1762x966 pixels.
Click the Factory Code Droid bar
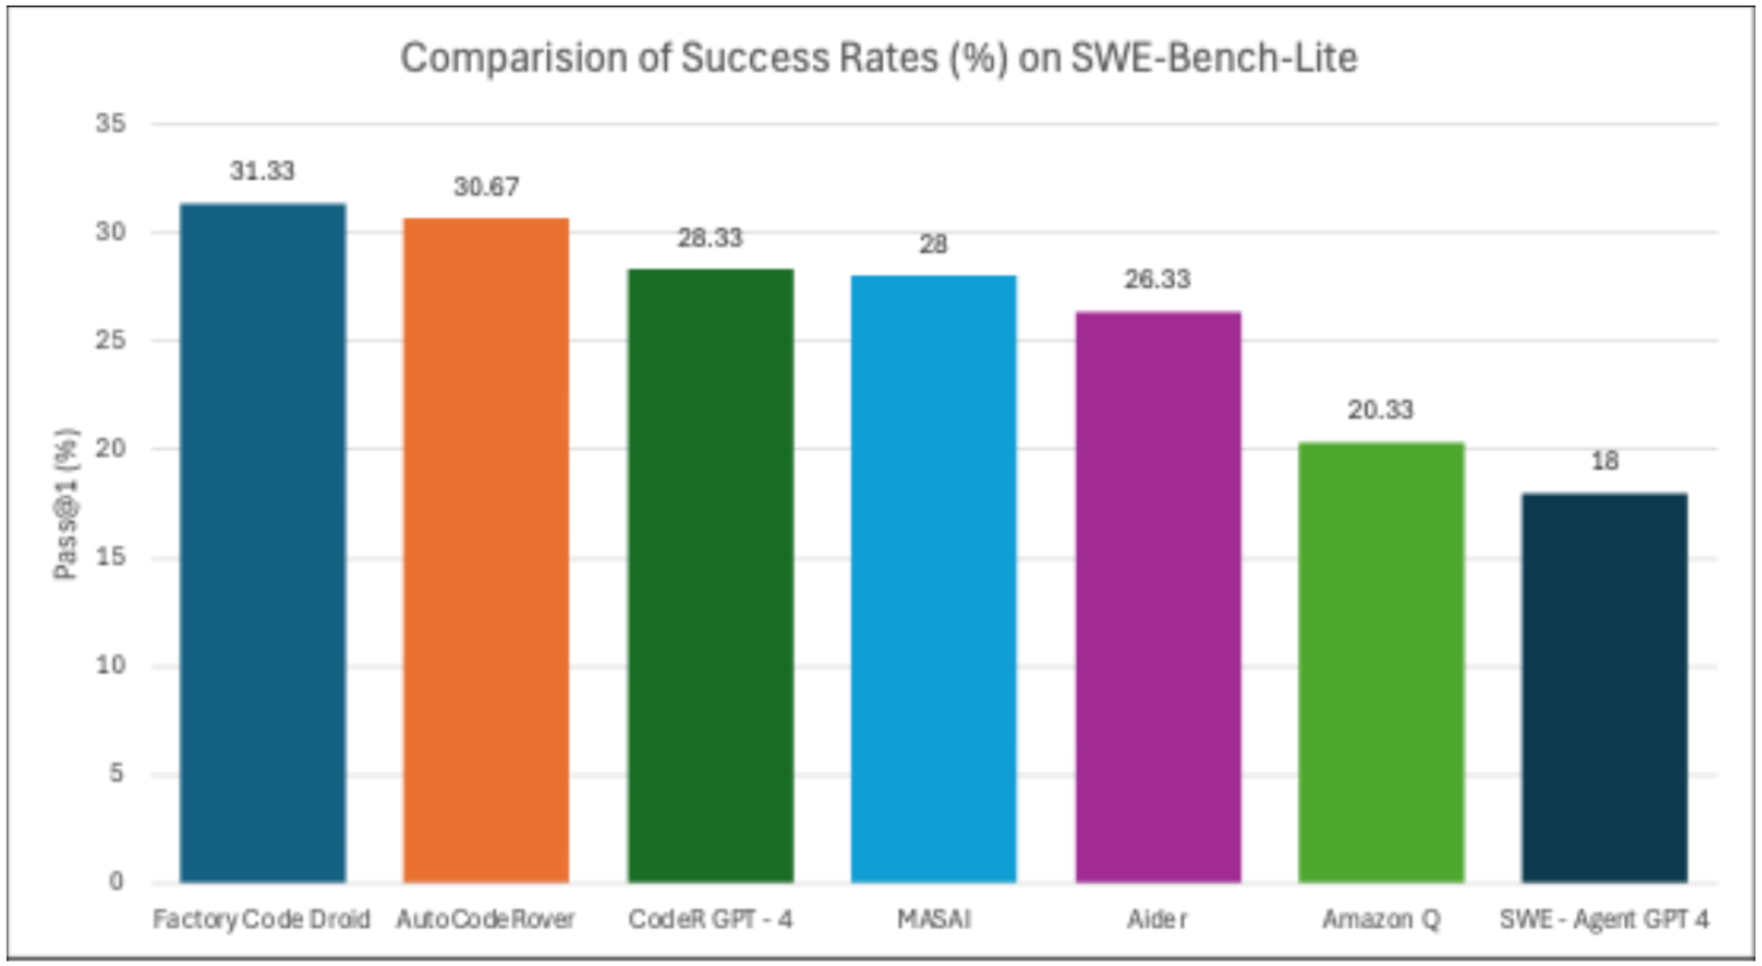point(263,542)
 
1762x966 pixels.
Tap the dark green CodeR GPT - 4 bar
point(710,575)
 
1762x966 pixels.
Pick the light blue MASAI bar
point(933,578)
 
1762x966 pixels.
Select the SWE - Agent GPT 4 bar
point(1604,687)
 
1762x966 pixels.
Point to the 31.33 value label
point(263,171)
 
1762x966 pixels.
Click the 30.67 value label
point(486,187)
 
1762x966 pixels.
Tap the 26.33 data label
point(1158,279)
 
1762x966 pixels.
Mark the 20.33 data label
point(1381,409)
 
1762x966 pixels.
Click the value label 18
point(1604,461)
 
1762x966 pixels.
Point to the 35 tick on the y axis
point(110,123)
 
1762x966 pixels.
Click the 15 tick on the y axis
point(110,557)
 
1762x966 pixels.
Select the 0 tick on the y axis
point(116,881)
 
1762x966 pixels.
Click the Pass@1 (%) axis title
point(66,504)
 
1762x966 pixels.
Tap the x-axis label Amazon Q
point(1381,919)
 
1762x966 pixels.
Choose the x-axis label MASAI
point(933,919)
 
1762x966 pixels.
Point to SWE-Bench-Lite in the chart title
point(1214,58)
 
